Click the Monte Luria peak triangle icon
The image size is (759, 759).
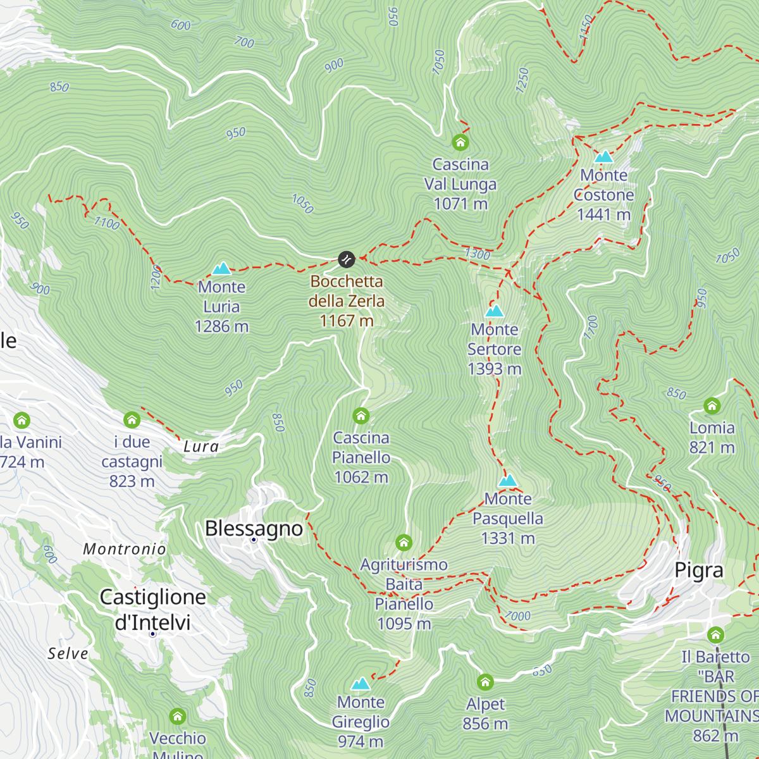(x=221, y=269)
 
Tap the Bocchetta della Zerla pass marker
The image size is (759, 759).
(x=346, y=259)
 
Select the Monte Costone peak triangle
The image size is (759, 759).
(x=604, y=156)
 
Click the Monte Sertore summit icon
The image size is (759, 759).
(x=495, y=311)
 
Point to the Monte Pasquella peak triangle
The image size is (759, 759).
(x=508, y=481)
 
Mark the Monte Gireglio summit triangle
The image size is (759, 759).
(x=361, y=684)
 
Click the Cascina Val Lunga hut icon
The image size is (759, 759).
(x=460, y=142)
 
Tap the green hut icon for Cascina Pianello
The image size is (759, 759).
(x=361, y=416)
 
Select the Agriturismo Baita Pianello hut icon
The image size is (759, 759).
(x=404, y=542)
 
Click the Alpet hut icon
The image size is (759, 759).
(x=485, y=682)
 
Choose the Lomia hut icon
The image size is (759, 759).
(x=712, y=405)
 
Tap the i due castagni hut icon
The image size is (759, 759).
(x=132, y=419)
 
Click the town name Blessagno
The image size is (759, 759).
(x=254, y=528)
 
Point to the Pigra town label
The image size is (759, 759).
(x=699, y=570)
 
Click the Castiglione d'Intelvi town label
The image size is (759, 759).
(x=153, y=610)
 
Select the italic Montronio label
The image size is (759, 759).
(x=125, y=549)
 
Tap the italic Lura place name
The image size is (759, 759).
(x=201, y=447)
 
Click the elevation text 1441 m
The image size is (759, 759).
(x=604, y=215)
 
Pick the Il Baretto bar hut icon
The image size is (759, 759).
(x=715, y=634)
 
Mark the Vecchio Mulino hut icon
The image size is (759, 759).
(x=178, y=716)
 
